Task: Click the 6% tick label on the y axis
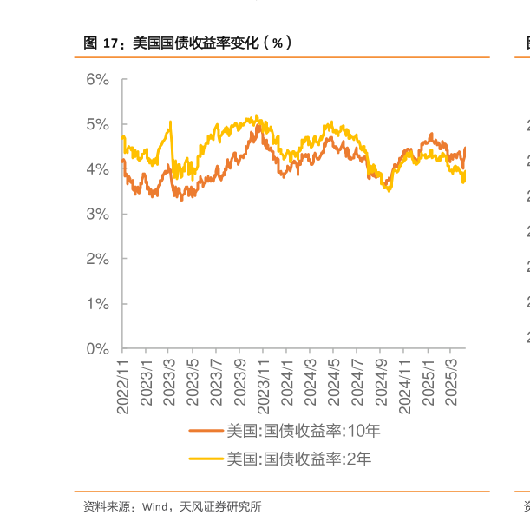click(x=98, y=80)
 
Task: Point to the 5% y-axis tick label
click(x=98, y=125)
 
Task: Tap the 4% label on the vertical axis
click(x=98, y=169)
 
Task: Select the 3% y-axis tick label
click(x=98, y=215)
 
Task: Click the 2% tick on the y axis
click(x=98, y=259)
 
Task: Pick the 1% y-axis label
click(x=98, y=304)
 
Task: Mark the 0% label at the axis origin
click(x=98, y=349)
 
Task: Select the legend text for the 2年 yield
click(x=299, y=459)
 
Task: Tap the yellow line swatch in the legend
click(x=206, y=459)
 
